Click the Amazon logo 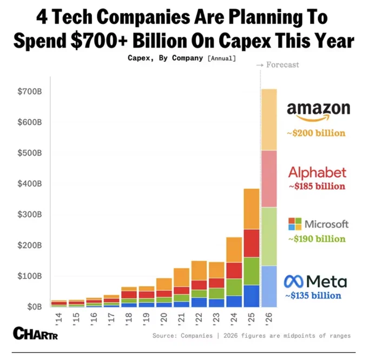(x=318, y=112)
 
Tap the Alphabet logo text (x=317, y=172)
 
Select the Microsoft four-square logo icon (x=295, y=224)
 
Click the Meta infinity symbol (x=293, y=282)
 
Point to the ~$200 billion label (x=316, y=133)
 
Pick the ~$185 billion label (x=317, y=186)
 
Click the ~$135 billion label (x=313, y=296)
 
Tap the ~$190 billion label (x=317, y=239)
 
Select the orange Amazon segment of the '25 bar (x=252, y=209)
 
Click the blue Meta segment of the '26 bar (x=269, y=286)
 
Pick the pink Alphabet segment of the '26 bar (x=269, y=179)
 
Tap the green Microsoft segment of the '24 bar (x=234, y=288)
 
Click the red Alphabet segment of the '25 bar (x=252, y=243)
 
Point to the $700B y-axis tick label (x=30, y=91)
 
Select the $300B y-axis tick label (x=30, y=214)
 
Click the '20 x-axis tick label (x=163, y=318)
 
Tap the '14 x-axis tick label (x=58, y=318)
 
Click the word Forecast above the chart (x=282, y=65)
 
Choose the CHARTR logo (x=35, y=333)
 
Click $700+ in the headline (x=99, y=41)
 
